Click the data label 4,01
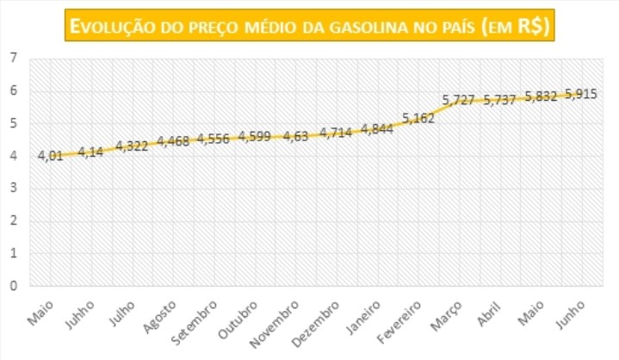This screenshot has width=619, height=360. pos(50,157)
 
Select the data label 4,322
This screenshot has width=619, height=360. pos(132,146)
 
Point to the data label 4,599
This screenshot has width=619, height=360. pos(256,136)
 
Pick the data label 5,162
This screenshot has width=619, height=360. pos(419,119)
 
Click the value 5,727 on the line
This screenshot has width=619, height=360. pos(459,101)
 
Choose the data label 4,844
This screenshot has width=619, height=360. pos(377,129)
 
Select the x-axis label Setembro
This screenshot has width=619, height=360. pos(199,320)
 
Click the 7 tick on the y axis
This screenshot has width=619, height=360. pos(14,59)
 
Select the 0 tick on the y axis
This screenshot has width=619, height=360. pos(14,286)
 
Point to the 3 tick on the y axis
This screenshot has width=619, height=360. pos(14,189)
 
